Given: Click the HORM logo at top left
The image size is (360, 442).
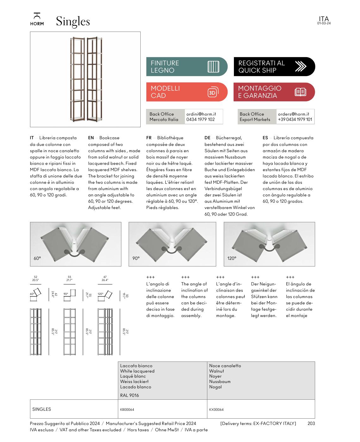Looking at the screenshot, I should pos(37,19).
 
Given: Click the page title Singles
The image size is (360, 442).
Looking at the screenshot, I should pos(73,21).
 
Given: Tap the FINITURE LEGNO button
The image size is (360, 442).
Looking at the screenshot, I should pos(186,67).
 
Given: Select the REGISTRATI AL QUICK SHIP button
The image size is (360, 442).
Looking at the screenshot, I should pos(274,67).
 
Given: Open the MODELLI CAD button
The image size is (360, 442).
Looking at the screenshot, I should pos(186,92).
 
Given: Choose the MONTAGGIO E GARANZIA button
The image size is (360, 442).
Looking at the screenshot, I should pos(274,92).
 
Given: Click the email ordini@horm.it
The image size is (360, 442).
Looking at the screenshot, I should pos(201,114).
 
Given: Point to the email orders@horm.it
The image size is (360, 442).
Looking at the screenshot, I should pos(293,114).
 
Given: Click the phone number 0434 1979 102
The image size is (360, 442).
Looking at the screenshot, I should pos(200,119).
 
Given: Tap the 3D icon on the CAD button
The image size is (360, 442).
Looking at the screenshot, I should pos(213,92).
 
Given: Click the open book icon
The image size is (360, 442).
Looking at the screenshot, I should pos(300,92).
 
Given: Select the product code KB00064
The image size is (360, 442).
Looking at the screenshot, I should pos(127,410).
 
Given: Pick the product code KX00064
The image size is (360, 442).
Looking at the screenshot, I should pos(216,410).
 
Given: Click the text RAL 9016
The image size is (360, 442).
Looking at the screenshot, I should pos(129,395).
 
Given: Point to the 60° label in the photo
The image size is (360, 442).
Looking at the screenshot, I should pos(37,258).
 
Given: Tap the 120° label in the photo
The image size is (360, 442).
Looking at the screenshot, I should pos(232,258).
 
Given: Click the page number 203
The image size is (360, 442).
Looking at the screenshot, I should pos(311,423).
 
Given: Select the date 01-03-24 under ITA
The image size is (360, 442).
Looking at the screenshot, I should pos(324,23).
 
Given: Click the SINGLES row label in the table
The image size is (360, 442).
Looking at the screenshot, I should pos(41,409).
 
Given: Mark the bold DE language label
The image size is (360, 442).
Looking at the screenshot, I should pos(207,138).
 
